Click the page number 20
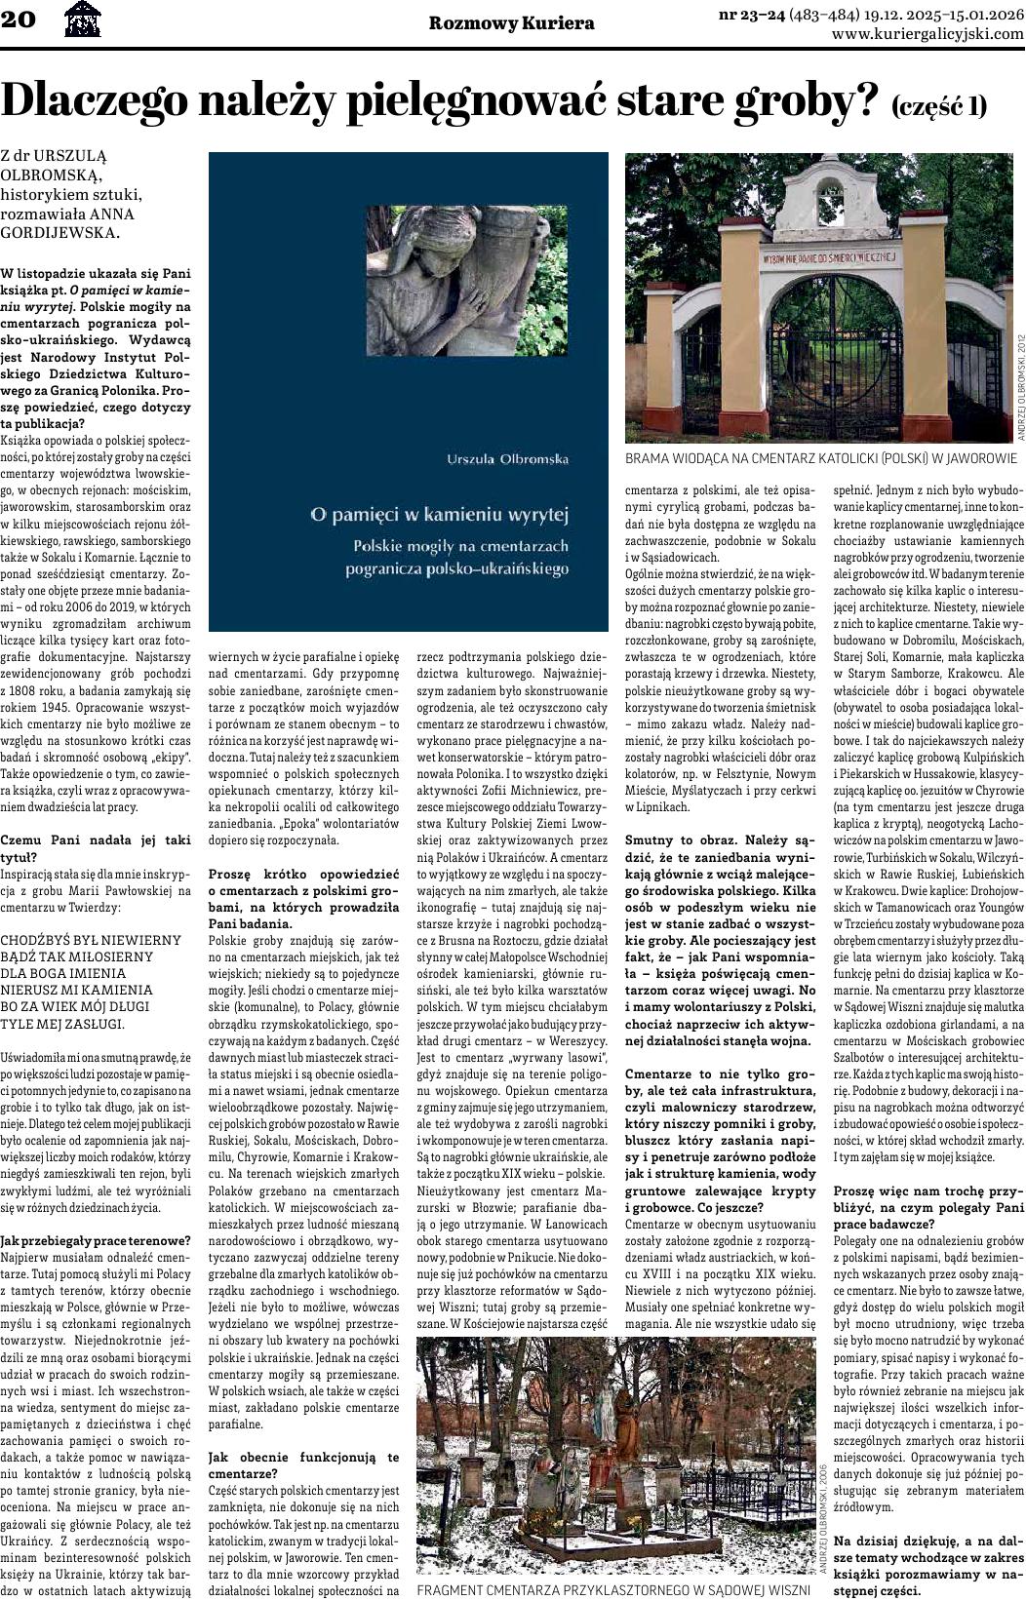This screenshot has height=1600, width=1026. pyautogui.click(x=19, y=20)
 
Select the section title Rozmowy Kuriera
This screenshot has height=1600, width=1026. pyautogui.click(x=497, y=23)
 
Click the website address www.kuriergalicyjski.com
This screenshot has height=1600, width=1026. pyautogui.click(x=927, y=33)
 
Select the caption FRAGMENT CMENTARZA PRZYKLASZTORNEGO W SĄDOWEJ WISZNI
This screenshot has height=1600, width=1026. pyautogui.click(x=613, y=1589)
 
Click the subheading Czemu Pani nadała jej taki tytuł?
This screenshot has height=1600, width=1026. pyautogui.click(x=96, y=846)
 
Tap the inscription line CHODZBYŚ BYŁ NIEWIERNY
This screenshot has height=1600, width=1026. pyautogui.click(x=91, y=940)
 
